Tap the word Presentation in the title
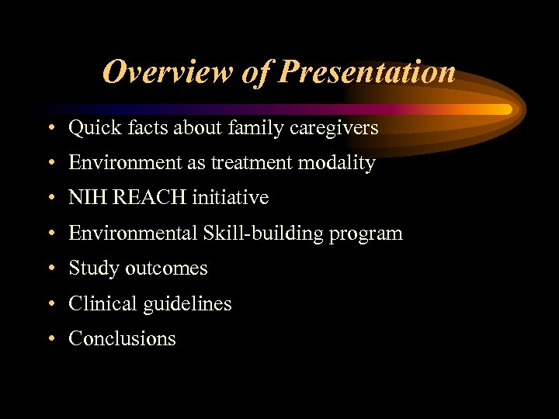pyautogui.click(x=366, y=72)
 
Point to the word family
pyautogui.click(x=256, y=128)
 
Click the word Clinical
pyautogui.click(x=101, y=303)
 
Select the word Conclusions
pyautogui.click(x=122, y=338)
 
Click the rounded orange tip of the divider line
pyautogui.click(x=506, y=109)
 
